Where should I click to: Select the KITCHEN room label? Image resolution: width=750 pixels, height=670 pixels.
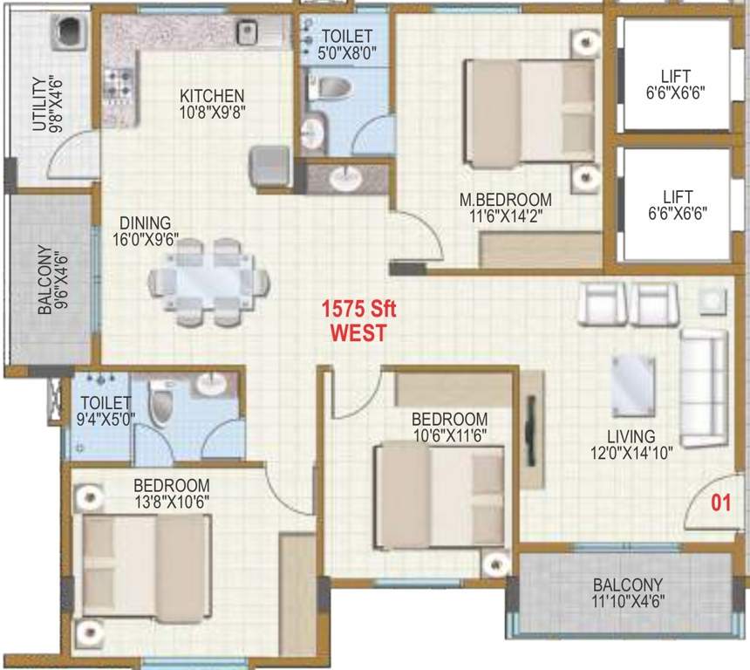pyautogui.click(x=212, y=95)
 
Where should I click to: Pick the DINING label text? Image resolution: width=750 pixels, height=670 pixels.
pyautogui.click(x=146, y=223)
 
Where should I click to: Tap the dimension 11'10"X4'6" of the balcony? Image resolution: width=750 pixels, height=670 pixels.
pyautogui.click(x=628, y=599)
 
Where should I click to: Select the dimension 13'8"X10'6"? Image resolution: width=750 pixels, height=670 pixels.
pyautogui.click(x=171, y=501)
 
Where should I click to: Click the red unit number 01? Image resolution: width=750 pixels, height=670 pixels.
pyautogui.click(x=719, y=502)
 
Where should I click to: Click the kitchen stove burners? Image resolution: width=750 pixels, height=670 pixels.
pyautogui.click(x=117, y=85)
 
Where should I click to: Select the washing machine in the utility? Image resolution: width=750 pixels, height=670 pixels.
pyautogui.click(x=67, y=34)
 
